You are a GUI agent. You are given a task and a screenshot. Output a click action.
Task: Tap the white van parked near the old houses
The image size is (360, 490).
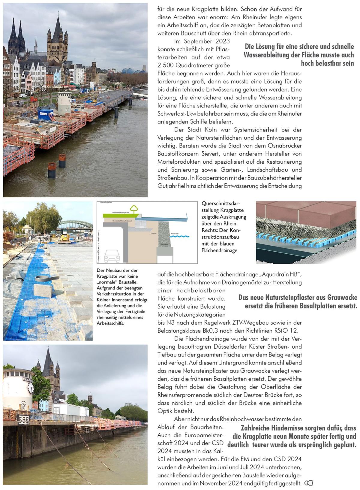pos(22,95)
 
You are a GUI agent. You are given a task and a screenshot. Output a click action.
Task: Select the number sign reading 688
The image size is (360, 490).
pos(23,420)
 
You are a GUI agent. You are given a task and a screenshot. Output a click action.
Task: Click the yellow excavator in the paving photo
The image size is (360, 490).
pos(64,237)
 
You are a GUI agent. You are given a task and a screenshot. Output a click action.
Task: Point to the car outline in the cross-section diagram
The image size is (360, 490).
pos(112,256)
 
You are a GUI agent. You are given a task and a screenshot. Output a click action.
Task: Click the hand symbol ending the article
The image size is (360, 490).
pos(309,483)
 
